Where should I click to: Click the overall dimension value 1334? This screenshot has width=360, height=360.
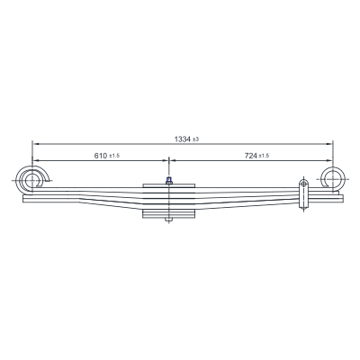click(183, 139)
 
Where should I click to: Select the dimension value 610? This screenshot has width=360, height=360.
click(101, 156)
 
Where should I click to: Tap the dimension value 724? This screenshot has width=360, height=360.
click(251, 156)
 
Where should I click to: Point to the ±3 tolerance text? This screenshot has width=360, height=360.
click(195, 139)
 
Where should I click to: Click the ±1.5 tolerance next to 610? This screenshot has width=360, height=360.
click(114, 156)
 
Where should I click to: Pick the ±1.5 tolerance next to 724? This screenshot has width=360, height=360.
click(264, 156)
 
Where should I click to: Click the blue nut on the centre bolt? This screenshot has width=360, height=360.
click(169, 180)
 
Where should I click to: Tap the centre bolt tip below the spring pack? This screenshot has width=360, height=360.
click(169, 220)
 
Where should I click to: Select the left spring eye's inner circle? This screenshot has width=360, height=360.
click(31, 180)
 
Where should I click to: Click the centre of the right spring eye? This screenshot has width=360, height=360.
click(333, 179)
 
